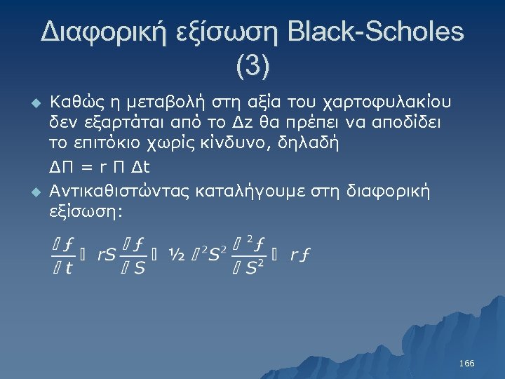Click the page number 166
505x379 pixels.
click(466, 364)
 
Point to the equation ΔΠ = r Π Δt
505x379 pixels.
click(99, 168)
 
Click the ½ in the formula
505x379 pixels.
click(176, 255)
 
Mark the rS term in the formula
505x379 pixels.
click(107, 255)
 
